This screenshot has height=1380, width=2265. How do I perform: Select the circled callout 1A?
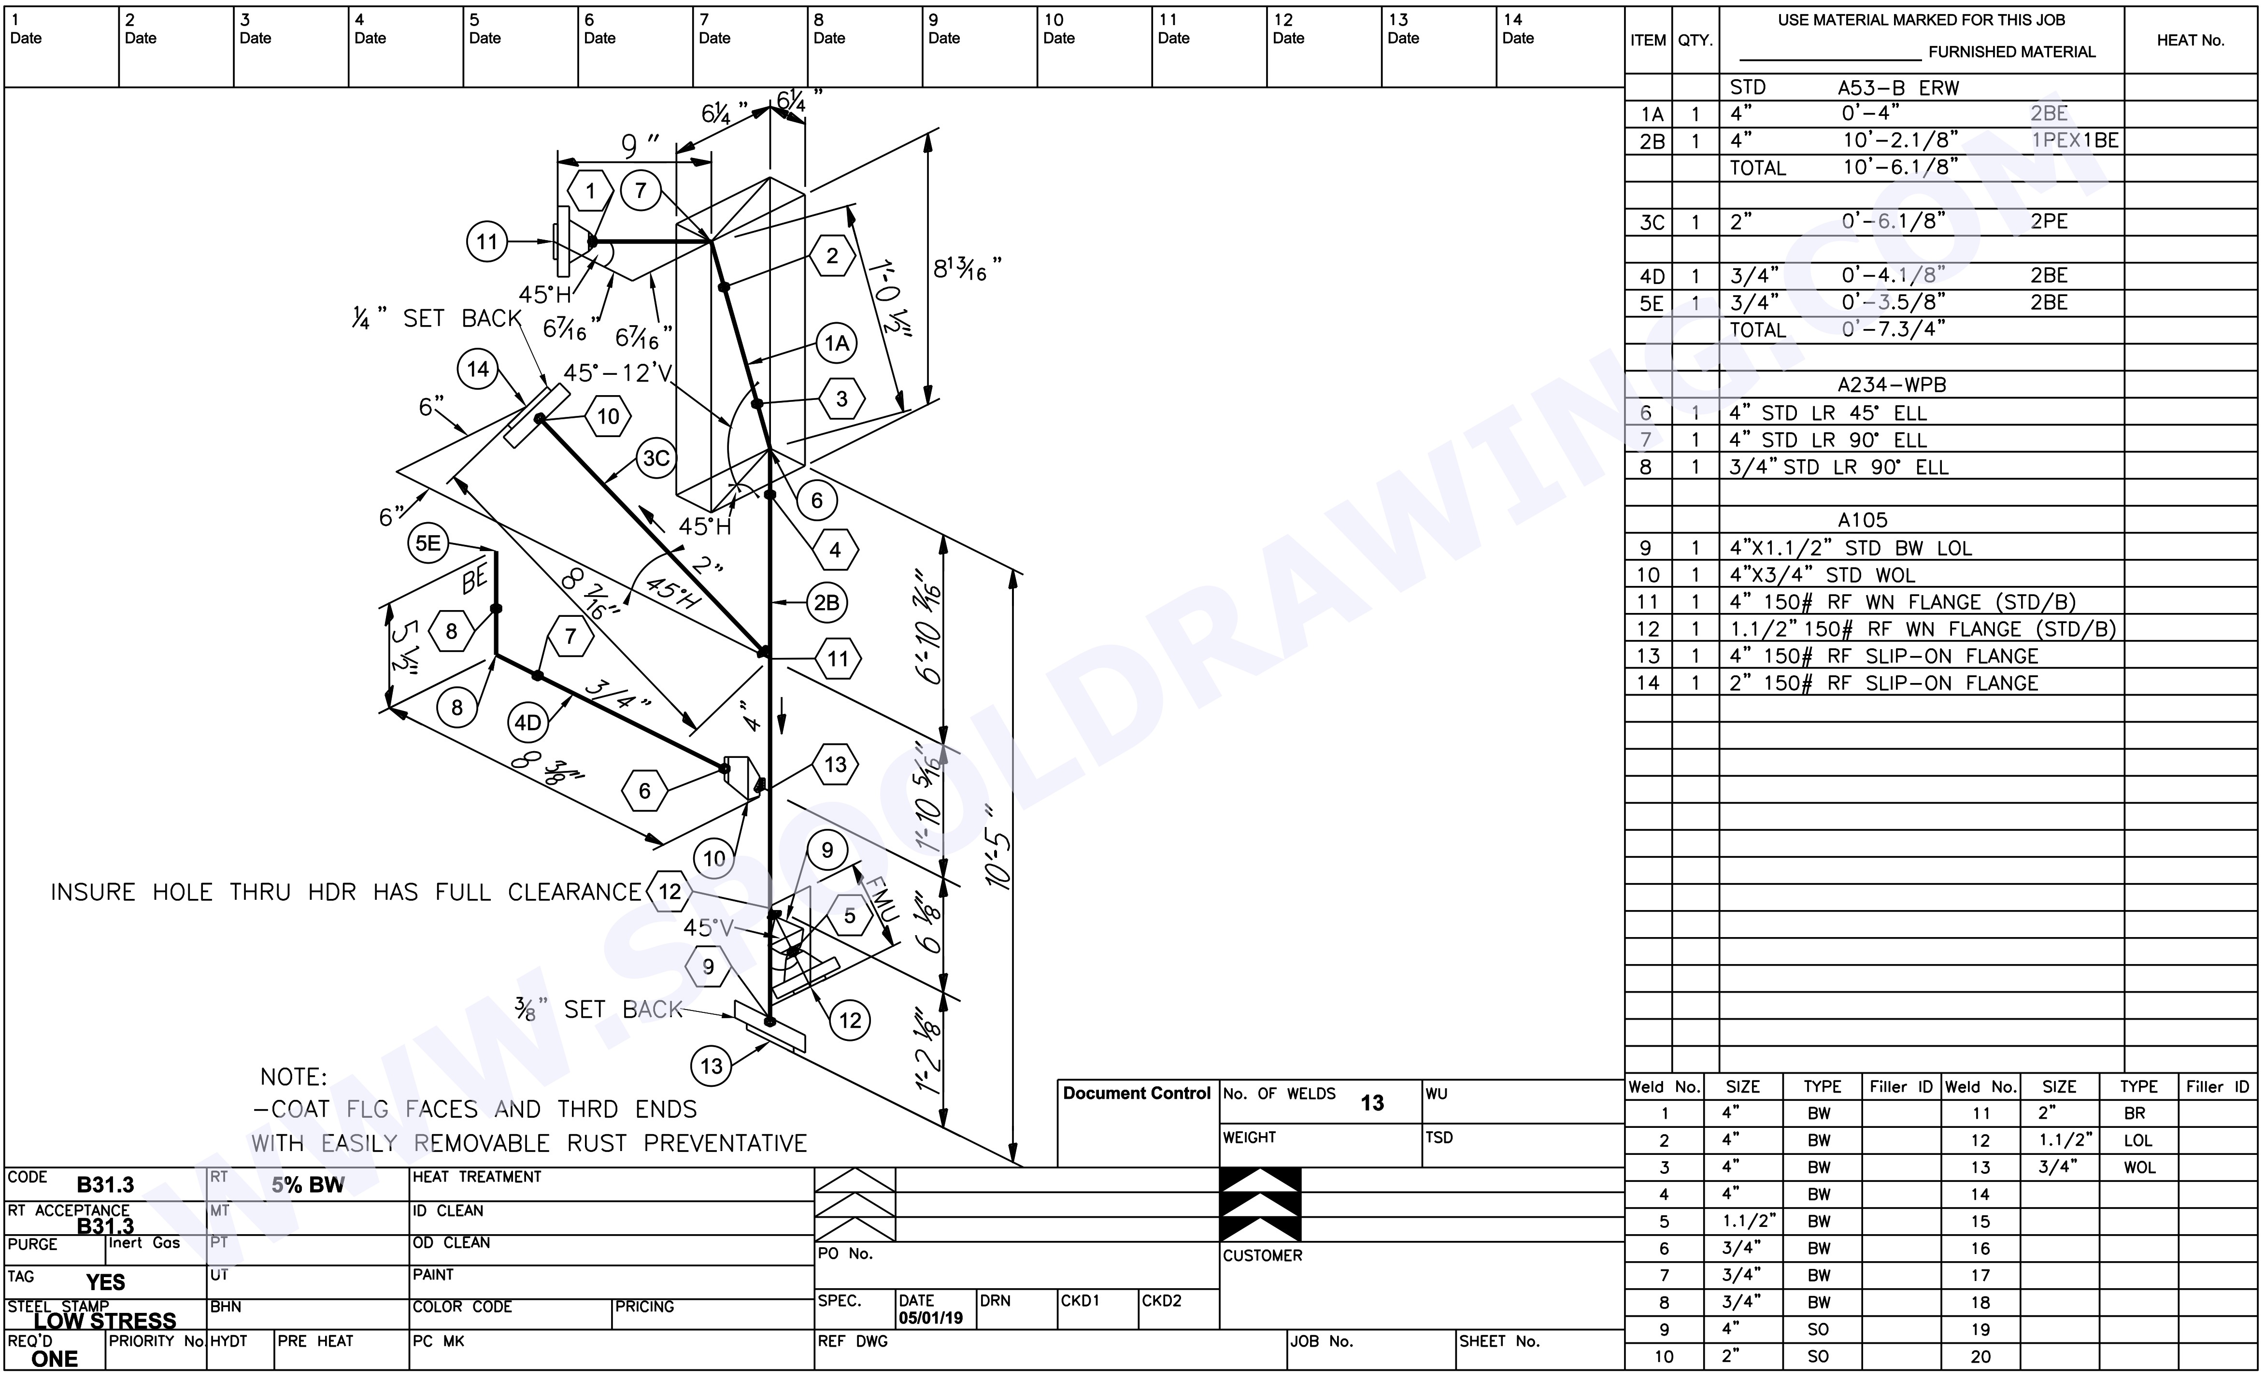[x=836, y=344]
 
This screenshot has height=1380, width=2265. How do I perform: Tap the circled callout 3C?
[x=655, y=458]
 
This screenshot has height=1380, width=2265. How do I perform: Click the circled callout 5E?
[x=427, y=543]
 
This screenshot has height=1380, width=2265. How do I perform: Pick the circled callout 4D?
[x=527, y=723]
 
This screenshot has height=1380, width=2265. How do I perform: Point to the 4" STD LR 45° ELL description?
[x=1827, y=413]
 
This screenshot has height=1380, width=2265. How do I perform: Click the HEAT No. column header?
[x=2190, y=41]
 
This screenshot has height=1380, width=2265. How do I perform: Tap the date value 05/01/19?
[x=930, y=1318]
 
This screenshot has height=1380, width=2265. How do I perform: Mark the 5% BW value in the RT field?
[x=308, y=1185]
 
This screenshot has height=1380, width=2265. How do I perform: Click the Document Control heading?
[x=1136, y=1093]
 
